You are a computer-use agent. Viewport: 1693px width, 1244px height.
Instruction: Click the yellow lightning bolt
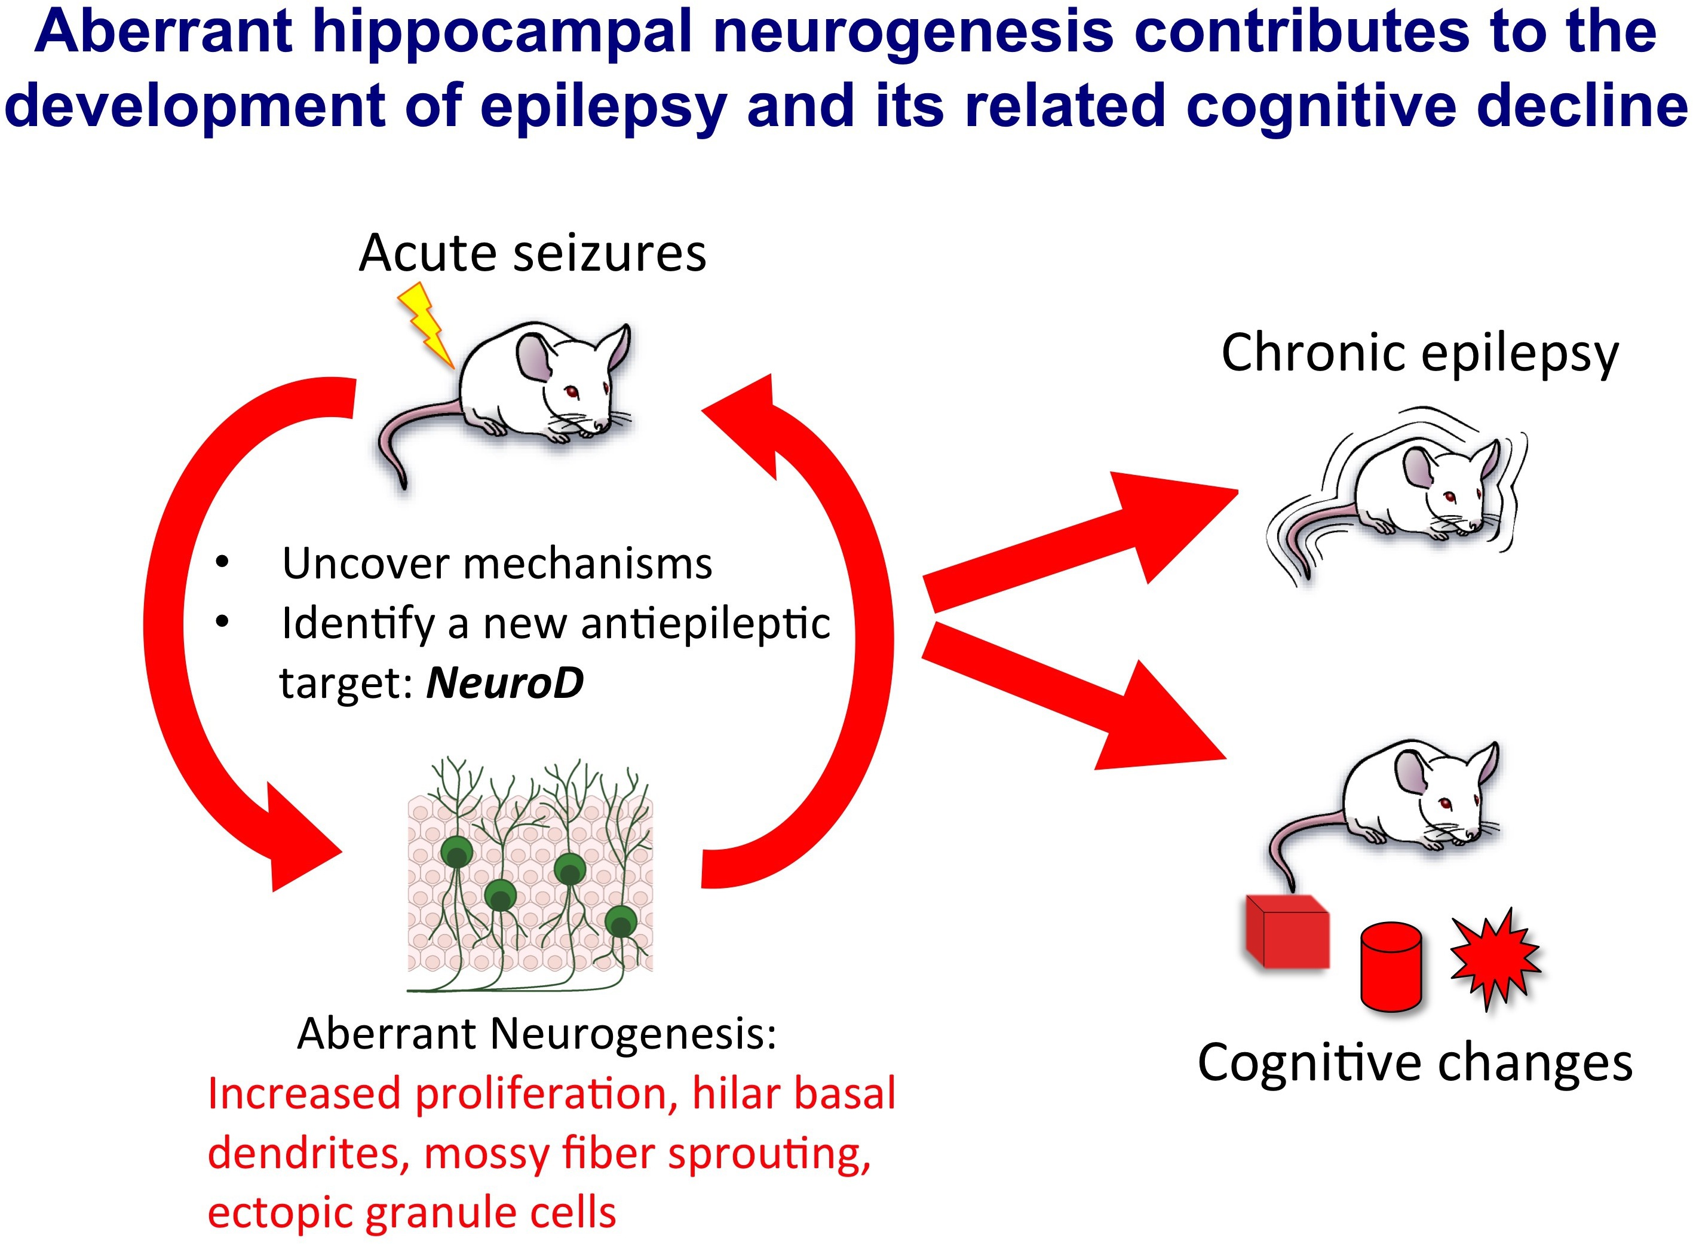(426, 324)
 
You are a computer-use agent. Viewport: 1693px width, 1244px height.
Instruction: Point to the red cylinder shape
(1390, 967)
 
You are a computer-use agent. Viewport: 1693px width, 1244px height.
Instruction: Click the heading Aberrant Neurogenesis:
(536, 1033)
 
